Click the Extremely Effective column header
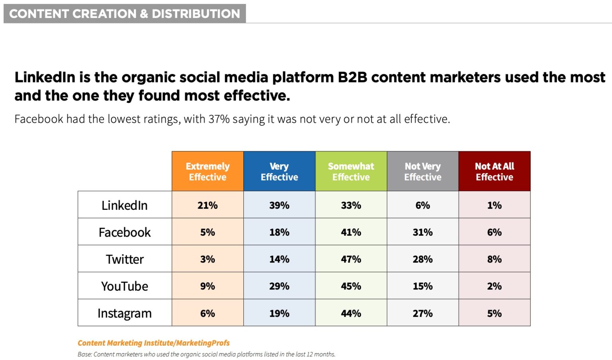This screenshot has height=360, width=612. point(208,171)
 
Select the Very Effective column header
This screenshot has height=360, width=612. point(279,171)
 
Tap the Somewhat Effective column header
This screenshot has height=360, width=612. point(351,171)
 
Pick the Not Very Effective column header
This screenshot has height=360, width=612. point(423,171)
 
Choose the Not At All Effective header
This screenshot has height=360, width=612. point(494,171)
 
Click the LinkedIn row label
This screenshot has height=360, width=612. point(124,205)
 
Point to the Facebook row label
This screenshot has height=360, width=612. point(124,232)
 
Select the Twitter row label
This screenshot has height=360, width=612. point(124,259)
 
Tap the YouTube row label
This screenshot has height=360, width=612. point(124,286)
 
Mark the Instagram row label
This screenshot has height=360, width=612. point(124,313)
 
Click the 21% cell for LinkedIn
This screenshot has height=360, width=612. point(208,205)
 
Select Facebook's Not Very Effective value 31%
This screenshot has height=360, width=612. point(423,232)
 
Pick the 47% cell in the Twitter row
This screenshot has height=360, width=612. point(351,259)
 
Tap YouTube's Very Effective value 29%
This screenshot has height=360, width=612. point(279,286)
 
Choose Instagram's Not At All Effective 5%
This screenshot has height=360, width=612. point(494,313)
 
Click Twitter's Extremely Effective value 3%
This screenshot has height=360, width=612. point(208,259)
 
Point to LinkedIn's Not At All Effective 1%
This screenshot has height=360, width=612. point(494,205)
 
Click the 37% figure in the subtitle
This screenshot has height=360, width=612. point(219,119)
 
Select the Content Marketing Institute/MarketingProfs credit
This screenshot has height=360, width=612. point(153,343)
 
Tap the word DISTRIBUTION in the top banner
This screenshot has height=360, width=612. point(196,14)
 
